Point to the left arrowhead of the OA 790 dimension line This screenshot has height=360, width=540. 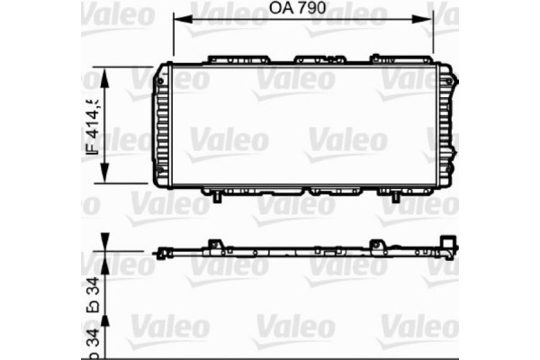(x=177, y=20)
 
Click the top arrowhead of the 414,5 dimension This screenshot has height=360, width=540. (x=106, y=75)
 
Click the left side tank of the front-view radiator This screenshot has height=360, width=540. (x=161, y=125)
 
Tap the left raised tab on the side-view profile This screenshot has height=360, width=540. (x=215, y=244)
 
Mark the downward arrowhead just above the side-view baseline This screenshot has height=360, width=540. (x=106, y=243)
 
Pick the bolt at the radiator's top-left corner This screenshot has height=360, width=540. (x=159, y=80)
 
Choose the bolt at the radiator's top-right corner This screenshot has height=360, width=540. (x=446, y=80)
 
